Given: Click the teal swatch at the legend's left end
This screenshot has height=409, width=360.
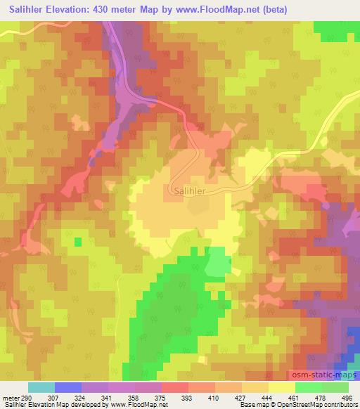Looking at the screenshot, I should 41,388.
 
